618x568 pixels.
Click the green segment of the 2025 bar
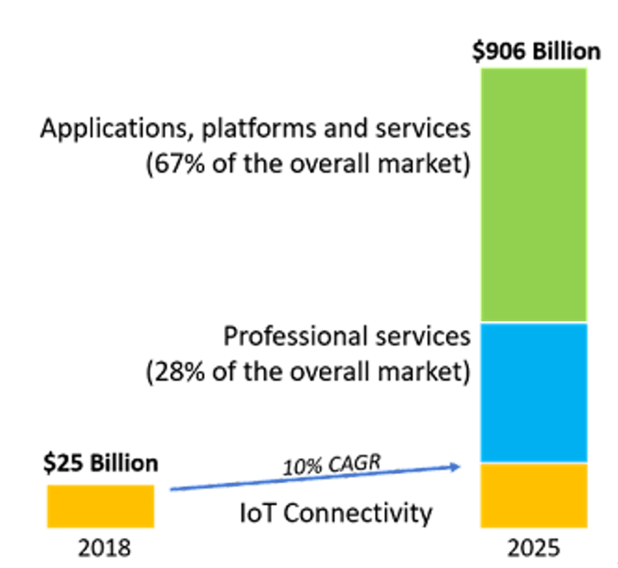click(534, 195)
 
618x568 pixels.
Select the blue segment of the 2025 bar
click(534, 393)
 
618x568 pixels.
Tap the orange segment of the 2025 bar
click(534, 495)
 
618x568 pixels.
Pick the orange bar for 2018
click(101, 506)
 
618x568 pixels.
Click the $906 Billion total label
click(536, 51)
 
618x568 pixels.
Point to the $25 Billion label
click(101, 463)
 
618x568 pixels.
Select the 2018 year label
click(105, 548)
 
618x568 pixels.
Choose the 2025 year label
click(533, 548)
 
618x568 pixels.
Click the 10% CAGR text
click(332, 465)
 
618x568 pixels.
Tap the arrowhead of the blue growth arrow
click(455, 467)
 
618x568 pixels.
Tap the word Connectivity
click(358, 513)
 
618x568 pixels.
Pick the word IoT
click(257, 513)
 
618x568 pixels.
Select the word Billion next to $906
click(566, 51)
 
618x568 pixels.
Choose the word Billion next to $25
click(124, 463)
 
